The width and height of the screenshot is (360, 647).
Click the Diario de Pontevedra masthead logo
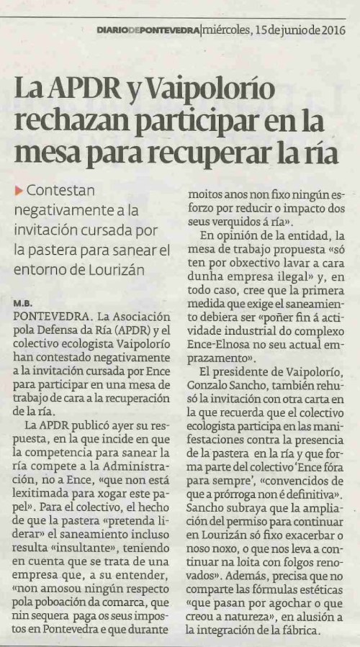[149, 30]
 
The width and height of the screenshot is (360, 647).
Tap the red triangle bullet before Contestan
[18, 191]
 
